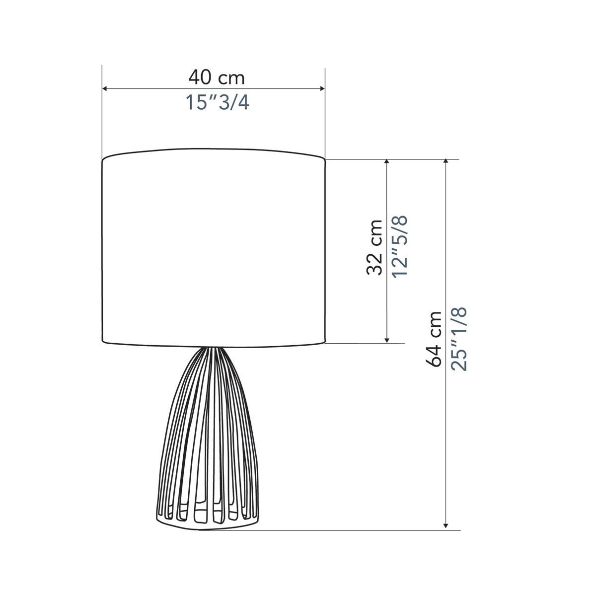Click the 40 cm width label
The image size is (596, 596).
coord(217,77)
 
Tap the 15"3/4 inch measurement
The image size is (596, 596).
coord(217,102)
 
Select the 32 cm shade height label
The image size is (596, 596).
coord(374,247)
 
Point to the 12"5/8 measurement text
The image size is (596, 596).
coord(400,247)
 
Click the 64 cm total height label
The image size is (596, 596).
coord(433,339)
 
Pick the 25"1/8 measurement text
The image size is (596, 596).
coord(458,339)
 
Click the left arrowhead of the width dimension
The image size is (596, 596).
coord(104,89)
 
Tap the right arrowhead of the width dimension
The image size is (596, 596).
coord(322,89)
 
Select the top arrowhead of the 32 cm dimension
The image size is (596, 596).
coord(386,162)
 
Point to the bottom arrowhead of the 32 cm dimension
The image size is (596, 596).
coord(386,341)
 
